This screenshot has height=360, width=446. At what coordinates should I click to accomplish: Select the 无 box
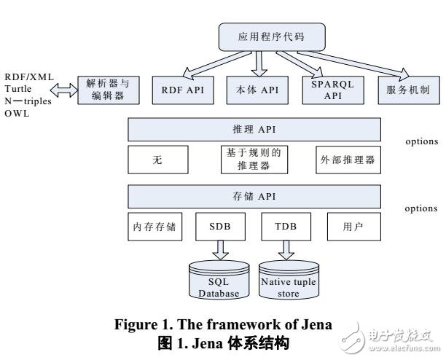tap(157, 161)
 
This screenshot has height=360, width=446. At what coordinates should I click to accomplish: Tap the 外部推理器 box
tap(348, 161)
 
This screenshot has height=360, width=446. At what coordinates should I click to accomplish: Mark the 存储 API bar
tap(254, 197)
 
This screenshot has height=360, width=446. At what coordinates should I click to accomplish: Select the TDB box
tap(286, 227)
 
